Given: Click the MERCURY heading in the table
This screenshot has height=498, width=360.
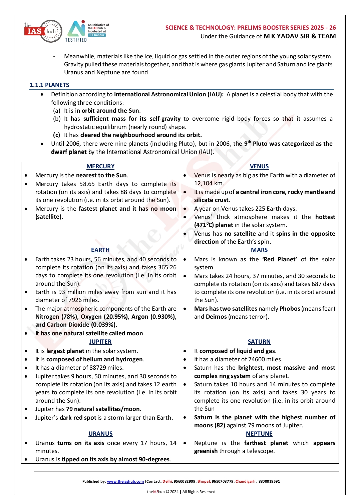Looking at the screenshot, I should [x=100, y=166].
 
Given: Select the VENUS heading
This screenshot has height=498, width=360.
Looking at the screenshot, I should [x=259, y=166].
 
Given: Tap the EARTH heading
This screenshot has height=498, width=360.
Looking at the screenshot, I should [x=100, y=250].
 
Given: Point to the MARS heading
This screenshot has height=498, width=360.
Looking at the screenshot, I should [x=259, y=250].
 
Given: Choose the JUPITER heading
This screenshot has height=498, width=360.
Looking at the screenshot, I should [x=100, y=342].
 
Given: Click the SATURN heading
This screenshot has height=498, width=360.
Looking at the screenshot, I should [x=259, y=342].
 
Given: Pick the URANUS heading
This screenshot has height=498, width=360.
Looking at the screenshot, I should [x=100, y=434].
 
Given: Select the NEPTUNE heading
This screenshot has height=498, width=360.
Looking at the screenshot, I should [x=259, y=434].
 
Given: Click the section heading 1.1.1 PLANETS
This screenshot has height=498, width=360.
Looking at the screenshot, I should [x=49, y=85].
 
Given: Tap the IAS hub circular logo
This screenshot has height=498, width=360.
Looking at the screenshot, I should [x=43, y=31].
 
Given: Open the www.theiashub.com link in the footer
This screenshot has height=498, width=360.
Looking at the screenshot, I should [x=125, y=481].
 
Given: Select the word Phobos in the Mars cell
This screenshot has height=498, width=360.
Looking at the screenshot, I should [x=290, y=309].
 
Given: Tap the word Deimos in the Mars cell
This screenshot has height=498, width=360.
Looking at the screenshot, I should [x=216, y=317].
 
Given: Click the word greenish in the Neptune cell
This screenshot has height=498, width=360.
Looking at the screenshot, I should [x=206, y=451].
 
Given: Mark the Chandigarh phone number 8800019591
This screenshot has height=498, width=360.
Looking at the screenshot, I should [x=269, y=481].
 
